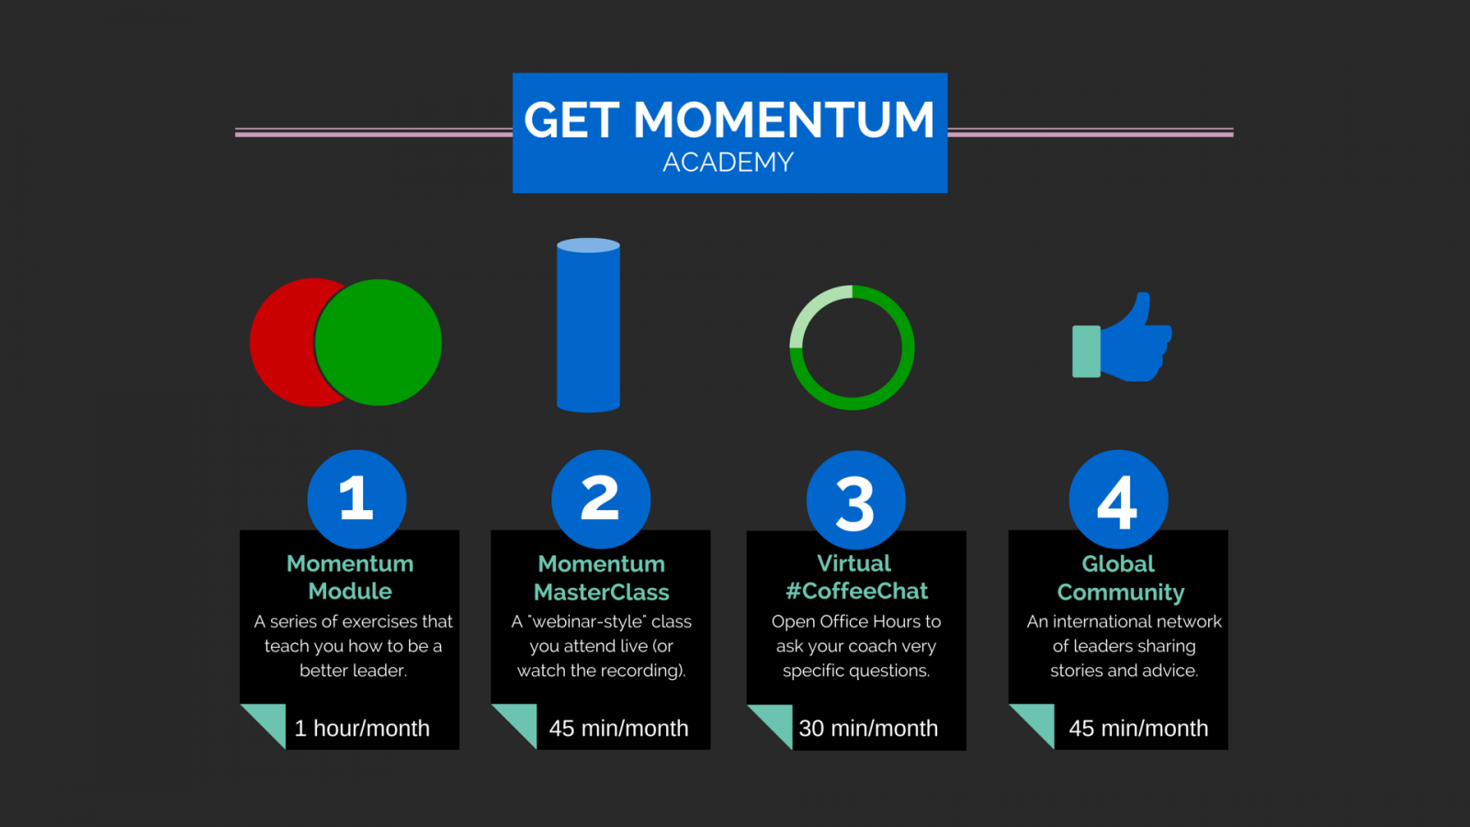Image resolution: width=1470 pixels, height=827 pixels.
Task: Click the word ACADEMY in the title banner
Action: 728,162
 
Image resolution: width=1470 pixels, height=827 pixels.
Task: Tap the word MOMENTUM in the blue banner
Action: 784,119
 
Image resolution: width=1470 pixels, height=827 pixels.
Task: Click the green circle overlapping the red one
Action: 378,342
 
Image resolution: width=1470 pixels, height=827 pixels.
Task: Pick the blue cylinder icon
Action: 588,325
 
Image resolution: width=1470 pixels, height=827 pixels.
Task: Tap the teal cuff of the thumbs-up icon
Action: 1086,351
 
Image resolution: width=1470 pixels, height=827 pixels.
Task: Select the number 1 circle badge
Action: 357,499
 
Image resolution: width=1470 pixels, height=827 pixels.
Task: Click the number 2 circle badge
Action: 601,499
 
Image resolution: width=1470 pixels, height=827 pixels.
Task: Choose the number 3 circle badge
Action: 855,500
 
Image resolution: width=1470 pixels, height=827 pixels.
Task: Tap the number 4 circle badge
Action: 1118,499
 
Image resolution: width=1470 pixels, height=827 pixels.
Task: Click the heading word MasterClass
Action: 601,592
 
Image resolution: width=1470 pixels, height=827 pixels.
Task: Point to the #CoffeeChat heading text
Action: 856,591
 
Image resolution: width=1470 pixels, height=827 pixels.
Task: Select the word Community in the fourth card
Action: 1120,593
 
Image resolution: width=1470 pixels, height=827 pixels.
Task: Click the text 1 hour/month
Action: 362,728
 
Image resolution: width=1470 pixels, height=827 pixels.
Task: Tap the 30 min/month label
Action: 868,728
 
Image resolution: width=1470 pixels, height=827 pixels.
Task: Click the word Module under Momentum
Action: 350,591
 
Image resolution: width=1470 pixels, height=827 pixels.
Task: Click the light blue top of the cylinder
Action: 588,245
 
